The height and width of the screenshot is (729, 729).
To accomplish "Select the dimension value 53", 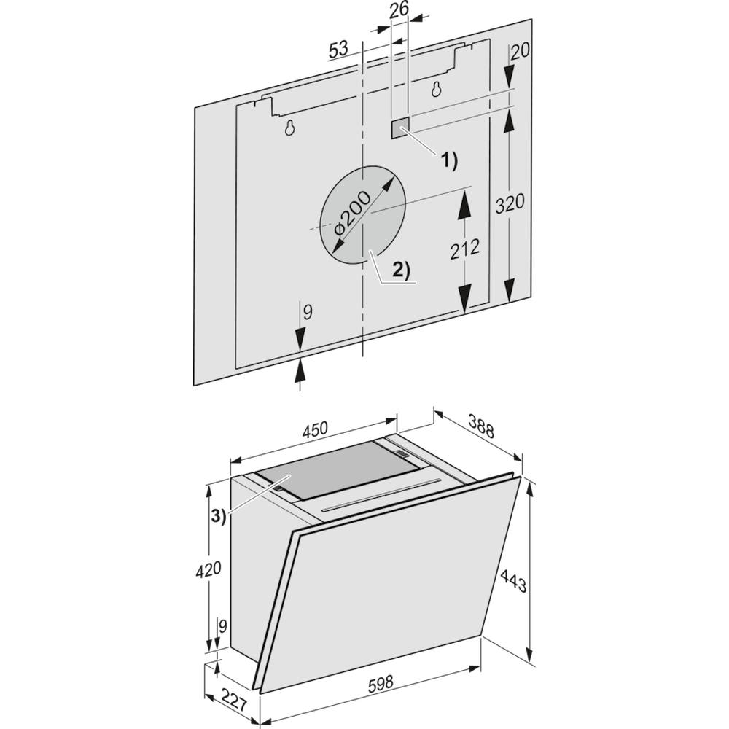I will tap(338, 50).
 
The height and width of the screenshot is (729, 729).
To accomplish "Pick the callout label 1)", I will tap(448, 160).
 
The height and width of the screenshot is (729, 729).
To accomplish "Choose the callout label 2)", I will tap(402, 270).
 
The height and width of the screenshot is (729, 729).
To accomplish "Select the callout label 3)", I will tap(217, 515).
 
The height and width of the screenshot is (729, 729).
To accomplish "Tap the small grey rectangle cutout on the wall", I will tap(399, 128).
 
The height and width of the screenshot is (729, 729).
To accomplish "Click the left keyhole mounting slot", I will tap(289, 128).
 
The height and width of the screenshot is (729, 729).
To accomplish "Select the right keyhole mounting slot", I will tap(436, 90).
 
